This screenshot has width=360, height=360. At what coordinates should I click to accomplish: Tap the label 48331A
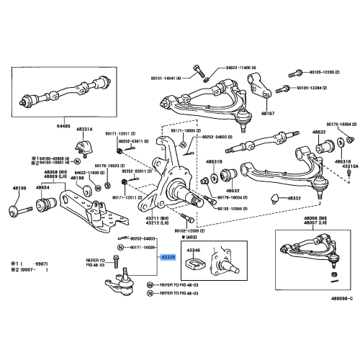86,130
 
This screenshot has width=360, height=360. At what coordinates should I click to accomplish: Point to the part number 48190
19,188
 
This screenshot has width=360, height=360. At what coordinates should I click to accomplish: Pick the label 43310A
349,166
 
